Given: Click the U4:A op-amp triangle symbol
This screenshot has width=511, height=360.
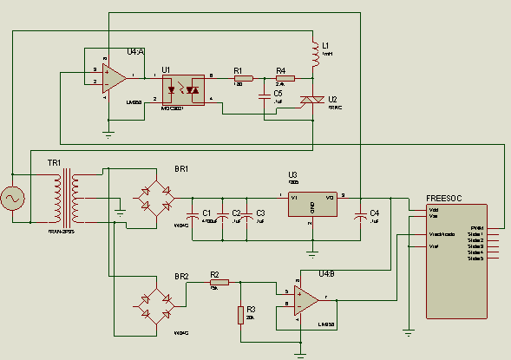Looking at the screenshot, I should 112,78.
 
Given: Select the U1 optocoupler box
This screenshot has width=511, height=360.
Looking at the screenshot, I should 187,89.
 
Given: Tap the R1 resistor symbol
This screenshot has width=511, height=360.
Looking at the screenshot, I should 243,78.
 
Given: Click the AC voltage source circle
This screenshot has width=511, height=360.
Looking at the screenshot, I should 14,200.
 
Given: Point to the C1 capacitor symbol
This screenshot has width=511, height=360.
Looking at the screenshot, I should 192,215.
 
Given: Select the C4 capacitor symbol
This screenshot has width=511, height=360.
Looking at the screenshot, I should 359,215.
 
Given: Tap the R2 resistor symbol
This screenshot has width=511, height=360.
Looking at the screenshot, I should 219,282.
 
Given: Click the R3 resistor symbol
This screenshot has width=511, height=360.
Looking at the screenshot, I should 240,314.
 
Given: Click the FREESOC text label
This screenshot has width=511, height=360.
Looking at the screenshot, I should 443,198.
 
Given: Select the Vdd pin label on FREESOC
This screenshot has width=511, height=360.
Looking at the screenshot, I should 433,210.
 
